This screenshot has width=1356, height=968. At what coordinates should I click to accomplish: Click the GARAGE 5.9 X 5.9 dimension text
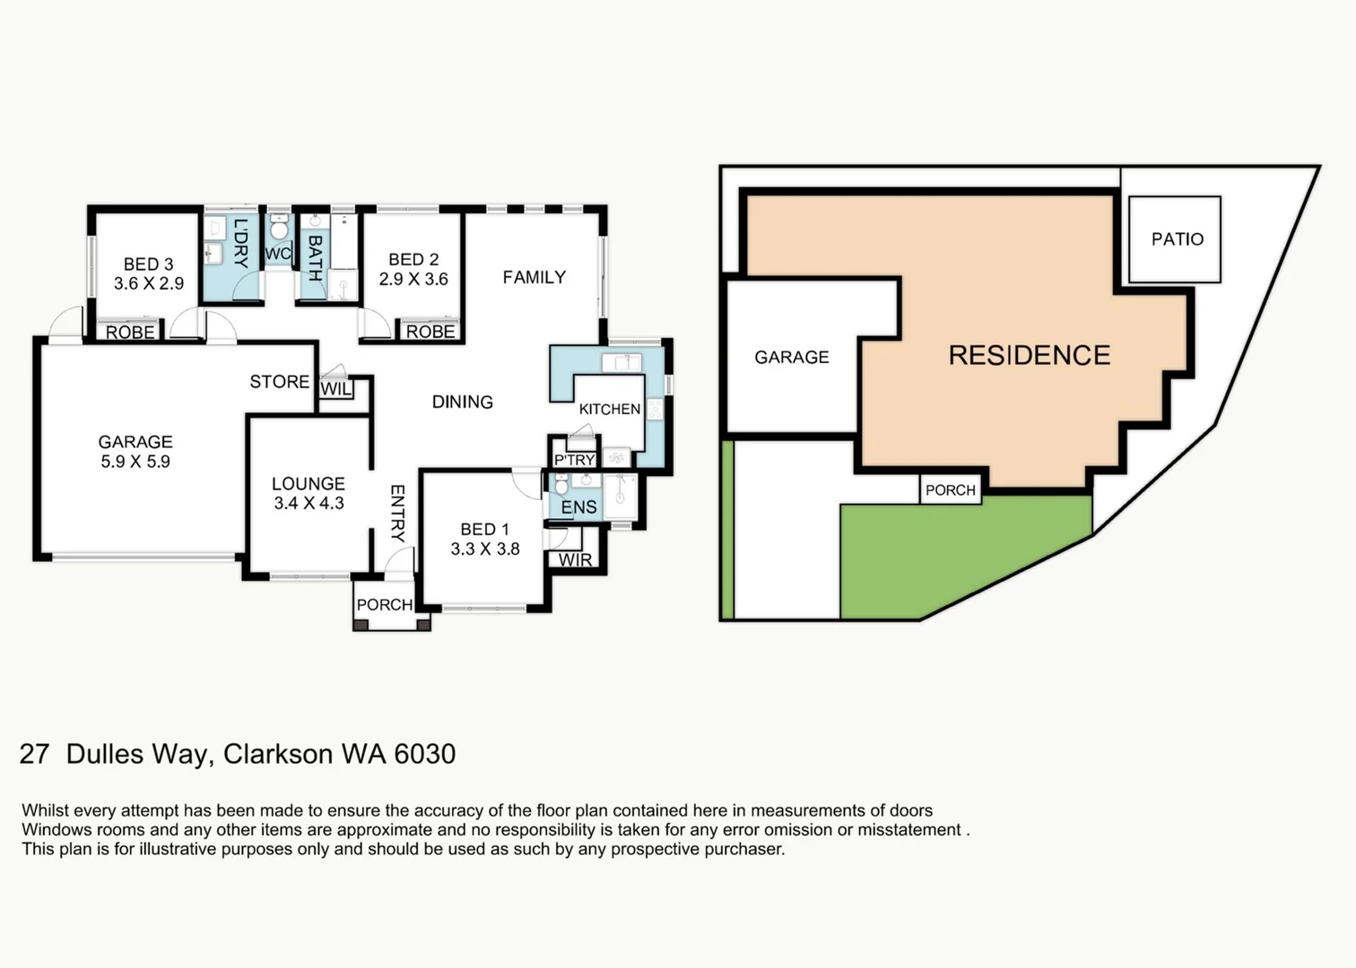coord(135,462)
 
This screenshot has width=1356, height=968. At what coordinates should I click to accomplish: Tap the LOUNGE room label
coord(308,484)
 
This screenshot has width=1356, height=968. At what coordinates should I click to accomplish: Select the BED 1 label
coord(484,530)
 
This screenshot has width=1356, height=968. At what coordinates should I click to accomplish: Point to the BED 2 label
coord(413,260)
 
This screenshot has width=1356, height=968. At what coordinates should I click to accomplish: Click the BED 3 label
coord(148,264)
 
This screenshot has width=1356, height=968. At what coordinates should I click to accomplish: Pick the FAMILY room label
coord(534,278)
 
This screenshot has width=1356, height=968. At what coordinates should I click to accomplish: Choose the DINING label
coord(462,402)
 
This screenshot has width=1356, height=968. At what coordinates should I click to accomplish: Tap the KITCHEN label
coord(609,410)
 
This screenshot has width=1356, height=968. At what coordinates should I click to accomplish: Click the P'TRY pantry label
coord(574,460)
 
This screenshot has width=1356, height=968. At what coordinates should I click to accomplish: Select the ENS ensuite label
coord(578,507)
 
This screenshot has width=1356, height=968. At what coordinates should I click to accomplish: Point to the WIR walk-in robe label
coord(575,560)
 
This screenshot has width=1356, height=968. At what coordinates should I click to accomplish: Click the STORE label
coord(279,382)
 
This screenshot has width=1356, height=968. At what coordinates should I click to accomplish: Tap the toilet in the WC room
coord(278,229)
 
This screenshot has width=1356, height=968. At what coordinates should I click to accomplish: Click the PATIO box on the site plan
coord(1175,239)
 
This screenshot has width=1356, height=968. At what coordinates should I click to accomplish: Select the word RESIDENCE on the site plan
coord(1029,356)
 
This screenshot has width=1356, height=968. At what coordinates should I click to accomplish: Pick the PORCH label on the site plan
coord(950,490)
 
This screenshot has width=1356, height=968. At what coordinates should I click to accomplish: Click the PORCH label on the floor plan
coord(384,605)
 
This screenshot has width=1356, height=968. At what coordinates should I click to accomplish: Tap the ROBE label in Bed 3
coord(130,333)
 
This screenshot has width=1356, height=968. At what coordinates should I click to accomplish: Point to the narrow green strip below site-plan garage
coord(727,529)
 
